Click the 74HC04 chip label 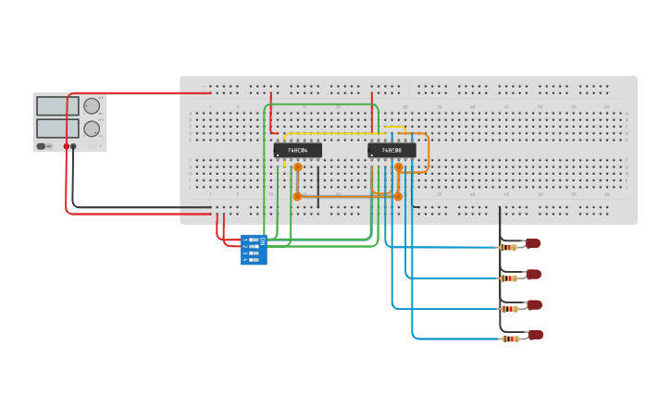coord(297,150)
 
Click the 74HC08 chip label coord(391,150)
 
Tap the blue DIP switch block coord(254,250)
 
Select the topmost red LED coord(533,243)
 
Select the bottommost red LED coord(535,335)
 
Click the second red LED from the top coord(534,274)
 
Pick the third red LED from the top coord(534,304)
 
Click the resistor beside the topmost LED coord(508,247)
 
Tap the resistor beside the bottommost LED coord(509,339)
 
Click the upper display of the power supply coord(52,105)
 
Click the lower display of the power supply coord(52,128)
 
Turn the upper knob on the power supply coord(92,105)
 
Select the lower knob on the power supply coord(92,129)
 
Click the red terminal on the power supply coord(67,146)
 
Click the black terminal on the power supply coord(74,146)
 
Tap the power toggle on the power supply coord(42,146)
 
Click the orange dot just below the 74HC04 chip coord(297,167)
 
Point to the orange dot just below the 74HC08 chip coord(399,167)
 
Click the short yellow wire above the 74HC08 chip coord(394,127)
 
